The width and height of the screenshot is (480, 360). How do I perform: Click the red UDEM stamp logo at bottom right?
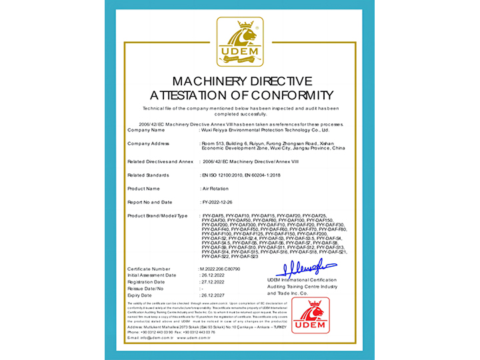tap(310, 315)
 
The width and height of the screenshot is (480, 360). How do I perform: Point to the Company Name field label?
tap(145, 130)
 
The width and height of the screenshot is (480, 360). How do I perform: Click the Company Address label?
tap(148, 143)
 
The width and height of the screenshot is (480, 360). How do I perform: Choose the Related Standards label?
tap(148, 175)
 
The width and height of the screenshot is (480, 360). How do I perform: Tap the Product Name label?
tap(144, 189)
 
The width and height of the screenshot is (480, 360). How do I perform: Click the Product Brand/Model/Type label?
tap(157, 216)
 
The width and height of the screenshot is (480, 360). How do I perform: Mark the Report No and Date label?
tap(149, 202)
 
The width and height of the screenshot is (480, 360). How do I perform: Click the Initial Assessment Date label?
tap(151, 275)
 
